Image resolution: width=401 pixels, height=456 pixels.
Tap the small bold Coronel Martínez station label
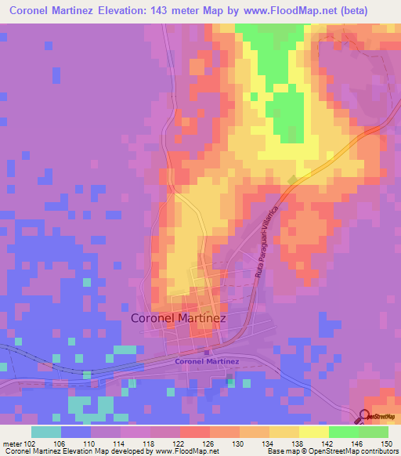(x=207, y=361)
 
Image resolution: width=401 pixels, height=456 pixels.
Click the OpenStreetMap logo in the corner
(x=379, y=416)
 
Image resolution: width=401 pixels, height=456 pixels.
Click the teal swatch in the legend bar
(x=46, y=432)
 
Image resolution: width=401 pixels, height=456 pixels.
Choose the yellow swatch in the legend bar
(x=313, y=432)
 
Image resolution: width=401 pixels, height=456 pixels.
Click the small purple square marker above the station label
(x=206, y=352)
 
